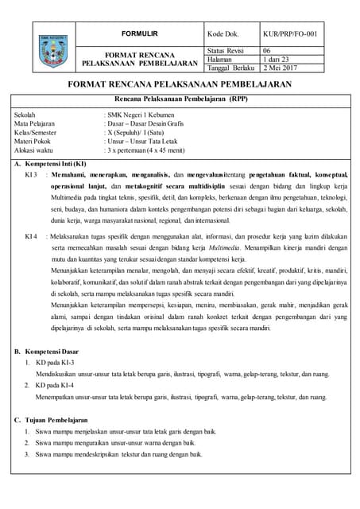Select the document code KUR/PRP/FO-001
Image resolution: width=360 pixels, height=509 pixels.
coord(294,34)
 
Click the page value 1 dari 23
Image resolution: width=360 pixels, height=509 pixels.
coord(277,59)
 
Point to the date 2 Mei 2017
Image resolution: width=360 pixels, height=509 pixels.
coord(281,68)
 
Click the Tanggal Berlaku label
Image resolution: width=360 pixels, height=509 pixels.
coord(232,68)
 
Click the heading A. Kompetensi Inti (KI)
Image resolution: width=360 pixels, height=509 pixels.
coord(51,163)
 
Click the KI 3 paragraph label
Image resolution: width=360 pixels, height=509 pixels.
coord(32,173)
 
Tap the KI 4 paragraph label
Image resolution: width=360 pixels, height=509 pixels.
coord(32,236)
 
